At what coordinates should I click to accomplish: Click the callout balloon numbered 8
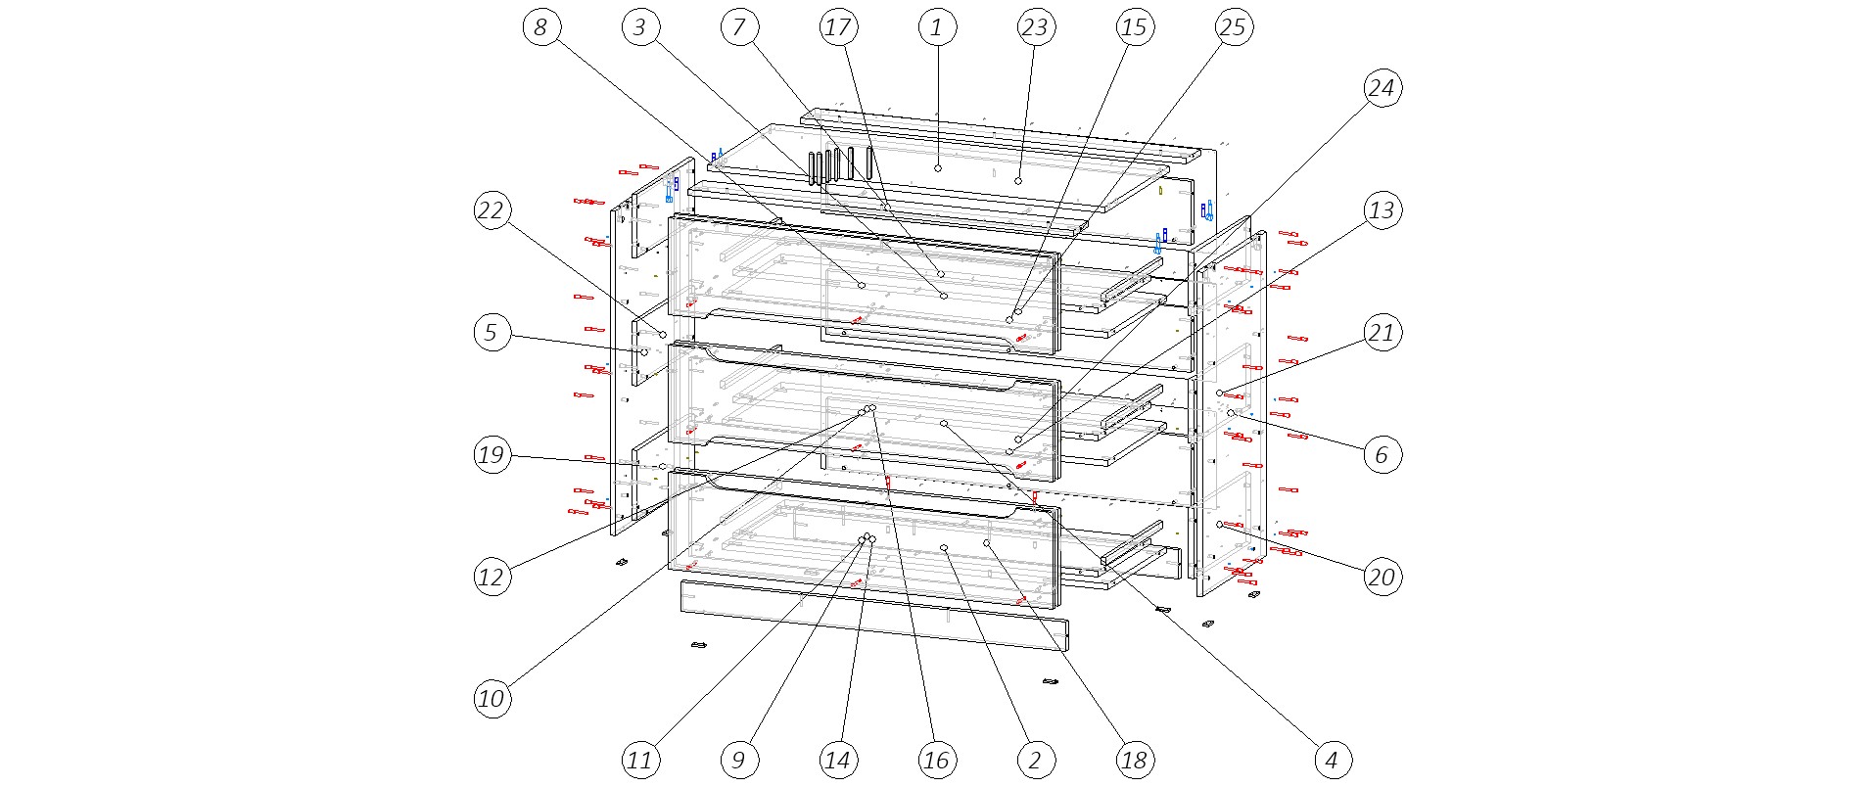point(540,27)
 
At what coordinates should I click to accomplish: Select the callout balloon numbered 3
point(639,27)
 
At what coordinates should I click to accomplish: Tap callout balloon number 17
point(838,27)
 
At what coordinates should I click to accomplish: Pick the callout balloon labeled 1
point(937,27)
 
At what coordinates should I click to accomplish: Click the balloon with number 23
point(1035,27)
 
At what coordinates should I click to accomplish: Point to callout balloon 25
point(1233,27)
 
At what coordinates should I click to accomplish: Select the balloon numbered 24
point(1381,88)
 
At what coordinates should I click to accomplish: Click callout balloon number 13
point(1381,210)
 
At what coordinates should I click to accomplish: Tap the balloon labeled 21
point(1381,333)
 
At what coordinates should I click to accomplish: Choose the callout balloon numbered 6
point(1381,454)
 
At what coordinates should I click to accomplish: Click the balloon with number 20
point(1381,577)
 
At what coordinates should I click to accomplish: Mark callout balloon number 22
point(492,210)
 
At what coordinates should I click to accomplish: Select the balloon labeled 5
point(492,333)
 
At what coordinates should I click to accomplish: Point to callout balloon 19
point(492,454)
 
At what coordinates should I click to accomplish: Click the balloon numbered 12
point(492,577)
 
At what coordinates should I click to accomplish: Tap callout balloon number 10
point(492,698)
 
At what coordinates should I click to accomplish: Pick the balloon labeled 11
point(639,760)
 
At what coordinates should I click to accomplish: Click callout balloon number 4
point(1332,760)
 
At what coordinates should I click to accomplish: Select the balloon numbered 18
point(1134,760)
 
